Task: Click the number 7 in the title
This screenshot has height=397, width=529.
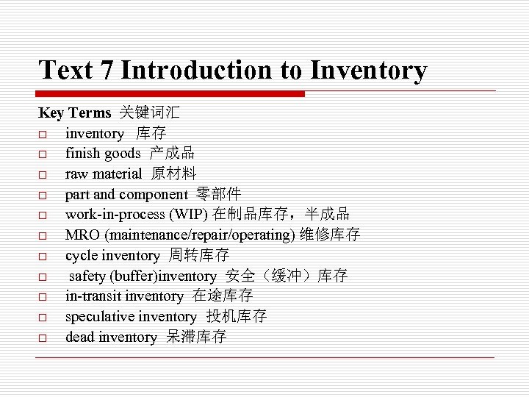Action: [107, 71]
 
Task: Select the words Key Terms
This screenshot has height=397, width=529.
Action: [74, 113]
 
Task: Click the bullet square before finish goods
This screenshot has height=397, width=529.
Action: [43, 154]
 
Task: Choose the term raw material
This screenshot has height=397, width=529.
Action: [104, 174]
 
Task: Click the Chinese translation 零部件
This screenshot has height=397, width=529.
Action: [219, 195]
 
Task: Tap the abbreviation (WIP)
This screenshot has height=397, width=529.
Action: [189, 215]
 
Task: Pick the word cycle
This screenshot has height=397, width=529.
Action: [81, 256]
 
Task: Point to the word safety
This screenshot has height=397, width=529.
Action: [88, 276]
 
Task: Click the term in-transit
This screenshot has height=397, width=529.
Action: [93, 296]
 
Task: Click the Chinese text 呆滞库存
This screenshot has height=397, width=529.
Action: [196, 337]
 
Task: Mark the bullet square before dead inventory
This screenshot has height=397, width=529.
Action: [43, 338]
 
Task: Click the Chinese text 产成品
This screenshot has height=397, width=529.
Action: [172, 154]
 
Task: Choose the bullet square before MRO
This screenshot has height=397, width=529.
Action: [43, 236]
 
